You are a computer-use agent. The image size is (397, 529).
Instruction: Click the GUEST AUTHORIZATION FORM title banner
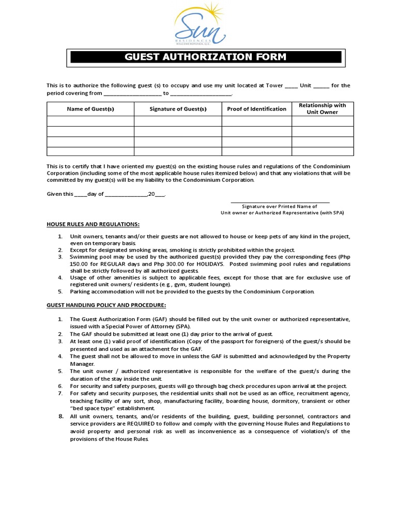click(x=206, y=57)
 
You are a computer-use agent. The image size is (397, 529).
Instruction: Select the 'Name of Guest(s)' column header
click(x=90, y=109)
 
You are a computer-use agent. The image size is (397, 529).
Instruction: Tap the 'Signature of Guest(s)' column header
click(x=178, y=109)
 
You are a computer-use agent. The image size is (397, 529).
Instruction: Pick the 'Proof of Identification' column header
click(x=256, y=109)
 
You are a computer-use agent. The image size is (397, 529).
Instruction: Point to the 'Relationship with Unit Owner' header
click(x=323, y=108)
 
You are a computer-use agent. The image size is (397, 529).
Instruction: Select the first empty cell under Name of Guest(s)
click(x=90, y=121)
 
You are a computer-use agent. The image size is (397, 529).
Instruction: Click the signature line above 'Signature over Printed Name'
click(x=280, y=202)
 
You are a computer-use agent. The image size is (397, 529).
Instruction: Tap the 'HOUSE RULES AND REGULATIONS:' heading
click(x=93, y=224)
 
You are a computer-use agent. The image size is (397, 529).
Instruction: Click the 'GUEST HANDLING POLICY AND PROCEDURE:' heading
click(x=106, y=305)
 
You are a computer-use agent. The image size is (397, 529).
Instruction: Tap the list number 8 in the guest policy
click(x=60, y=416)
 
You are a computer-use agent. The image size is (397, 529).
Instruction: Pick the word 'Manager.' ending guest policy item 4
click(x=82, y=364)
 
